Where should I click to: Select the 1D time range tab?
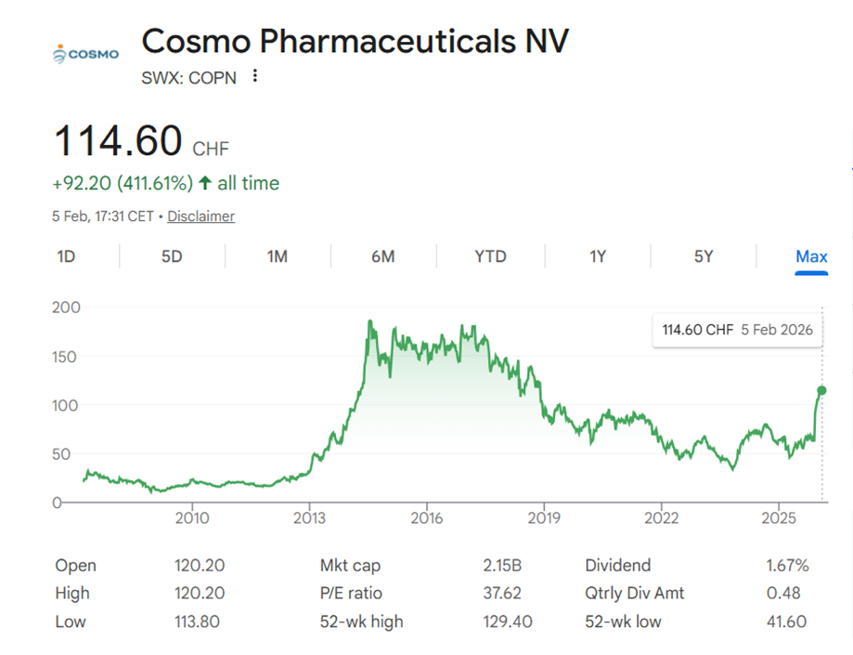(x=66, y=256)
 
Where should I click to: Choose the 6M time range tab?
(x=382, y=256)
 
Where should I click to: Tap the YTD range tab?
(x=490, y=256)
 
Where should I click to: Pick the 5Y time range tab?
(x=704, y=256)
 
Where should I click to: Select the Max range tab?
(x=811, y=256)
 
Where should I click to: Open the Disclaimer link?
(x=200, y=216)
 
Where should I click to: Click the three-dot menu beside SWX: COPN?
(x=255, y=77)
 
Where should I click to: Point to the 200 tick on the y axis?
(x=69, y=308)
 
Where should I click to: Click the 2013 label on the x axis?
(x=309, y=517)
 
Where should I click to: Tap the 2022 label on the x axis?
(x=661, y=517)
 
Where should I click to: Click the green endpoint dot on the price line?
(x=821, y=390)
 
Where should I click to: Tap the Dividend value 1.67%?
(x=788, y=566)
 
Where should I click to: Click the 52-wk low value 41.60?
(x=787, y=622)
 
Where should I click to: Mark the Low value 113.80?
(x=197, y=622)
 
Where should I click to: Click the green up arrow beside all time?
(x=204, y=184)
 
